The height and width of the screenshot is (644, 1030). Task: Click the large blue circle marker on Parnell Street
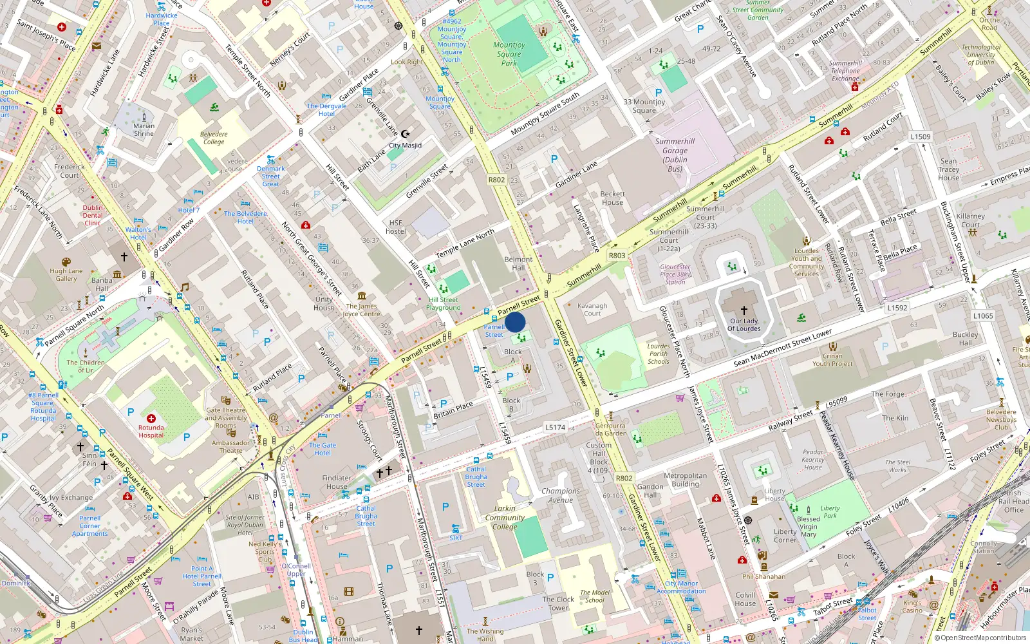(515, 322)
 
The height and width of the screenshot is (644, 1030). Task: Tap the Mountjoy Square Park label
(509, 54)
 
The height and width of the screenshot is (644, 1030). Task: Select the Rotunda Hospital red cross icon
(151, 419)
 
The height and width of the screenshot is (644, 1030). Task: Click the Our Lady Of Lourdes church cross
(744, 310)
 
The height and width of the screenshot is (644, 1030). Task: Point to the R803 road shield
(617, 255)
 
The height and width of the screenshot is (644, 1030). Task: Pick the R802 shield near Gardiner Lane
(496, 180)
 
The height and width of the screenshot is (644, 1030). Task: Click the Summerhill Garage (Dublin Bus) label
(675, 155)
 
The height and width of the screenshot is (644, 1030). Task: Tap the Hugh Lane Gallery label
(66, 275)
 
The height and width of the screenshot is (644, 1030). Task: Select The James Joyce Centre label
(361, 310)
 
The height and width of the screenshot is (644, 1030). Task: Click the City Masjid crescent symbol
(405, 134)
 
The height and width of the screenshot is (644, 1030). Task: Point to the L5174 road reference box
(555, 427)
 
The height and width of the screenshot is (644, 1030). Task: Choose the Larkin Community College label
(505, 517)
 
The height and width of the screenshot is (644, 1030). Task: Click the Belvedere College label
(214, 138)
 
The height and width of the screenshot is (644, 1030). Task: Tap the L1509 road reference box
(920, 137)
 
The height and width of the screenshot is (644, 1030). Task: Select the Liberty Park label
(830, 512)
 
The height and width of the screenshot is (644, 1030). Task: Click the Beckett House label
(612, 198)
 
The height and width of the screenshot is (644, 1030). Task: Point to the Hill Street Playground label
(444, 303)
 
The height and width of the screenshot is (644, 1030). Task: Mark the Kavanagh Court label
(592, 310)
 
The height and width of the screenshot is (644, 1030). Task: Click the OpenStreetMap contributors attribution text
(984, 638)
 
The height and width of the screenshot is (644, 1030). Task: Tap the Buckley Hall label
(965, 339)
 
